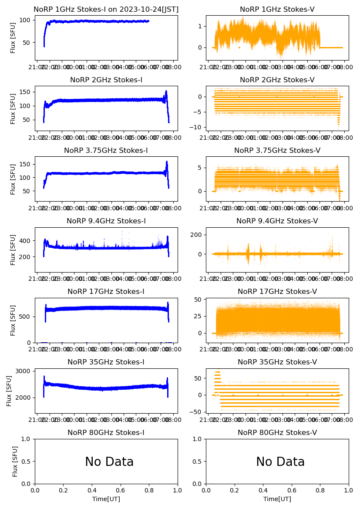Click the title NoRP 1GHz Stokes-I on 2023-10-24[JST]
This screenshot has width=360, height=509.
106,10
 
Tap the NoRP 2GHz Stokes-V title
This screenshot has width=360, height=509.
277,80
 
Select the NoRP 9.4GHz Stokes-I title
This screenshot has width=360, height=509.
106,221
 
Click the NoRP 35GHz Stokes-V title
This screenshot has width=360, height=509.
277,362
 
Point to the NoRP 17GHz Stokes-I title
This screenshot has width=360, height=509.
106,292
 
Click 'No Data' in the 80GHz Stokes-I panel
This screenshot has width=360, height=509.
109,462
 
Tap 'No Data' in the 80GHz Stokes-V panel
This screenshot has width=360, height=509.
280,462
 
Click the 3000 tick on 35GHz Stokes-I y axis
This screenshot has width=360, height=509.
24,371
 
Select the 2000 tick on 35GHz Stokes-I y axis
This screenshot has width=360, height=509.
24,398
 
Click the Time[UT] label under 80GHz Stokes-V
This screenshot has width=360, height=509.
277,499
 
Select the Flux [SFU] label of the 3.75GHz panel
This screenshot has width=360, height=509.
13,179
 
